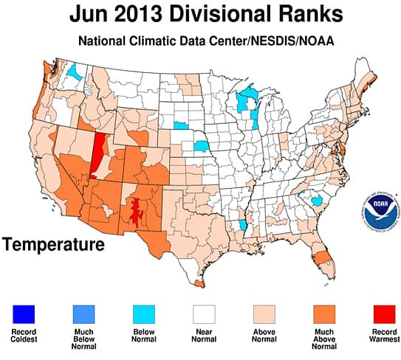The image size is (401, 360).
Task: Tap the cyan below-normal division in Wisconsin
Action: pyautogui.click(x=246, y=103)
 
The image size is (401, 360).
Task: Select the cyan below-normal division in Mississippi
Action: pyautogui.click(x=243, y=225)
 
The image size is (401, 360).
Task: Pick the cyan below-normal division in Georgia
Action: pyautogui.click(x=317, y=201)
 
